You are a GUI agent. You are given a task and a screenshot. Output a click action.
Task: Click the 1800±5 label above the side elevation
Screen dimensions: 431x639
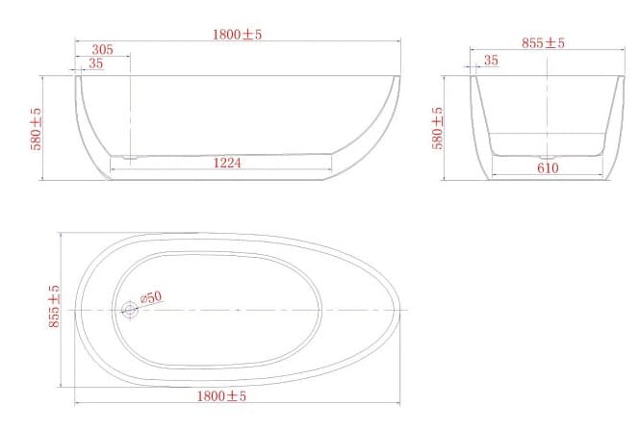coord(238,34)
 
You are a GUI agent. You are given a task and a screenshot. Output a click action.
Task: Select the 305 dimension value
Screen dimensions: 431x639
coord(102,49)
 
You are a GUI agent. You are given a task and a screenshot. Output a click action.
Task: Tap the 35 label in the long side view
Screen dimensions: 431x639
coord(95,63)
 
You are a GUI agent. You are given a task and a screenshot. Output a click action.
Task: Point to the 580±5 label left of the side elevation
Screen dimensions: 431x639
coord(37,128)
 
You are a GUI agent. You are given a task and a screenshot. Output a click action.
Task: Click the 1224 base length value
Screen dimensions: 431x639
coord(227,163)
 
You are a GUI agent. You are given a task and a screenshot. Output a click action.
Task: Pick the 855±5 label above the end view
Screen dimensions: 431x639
coord(543,42)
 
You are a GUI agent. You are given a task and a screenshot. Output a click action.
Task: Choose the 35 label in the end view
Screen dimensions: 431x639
coord(491,60)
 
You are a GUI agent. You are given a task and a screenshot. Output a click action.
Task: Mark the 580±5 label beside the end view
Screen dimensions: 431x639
coord(438,128)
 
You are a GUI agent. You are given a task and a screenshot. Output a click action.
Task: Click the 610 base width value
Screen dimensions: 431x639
coord(548,167)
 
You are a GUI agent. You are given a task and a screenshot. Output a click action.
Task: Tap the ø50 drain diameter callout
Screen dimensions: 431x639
coord(151,298)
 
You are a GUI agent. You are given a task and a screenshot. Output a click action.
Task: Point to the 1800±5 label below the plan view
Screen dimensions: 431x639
coord(223,394)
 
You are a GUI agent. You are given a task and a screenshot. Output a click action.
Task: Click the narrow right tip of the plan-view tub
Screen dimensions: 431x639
coord(399,309)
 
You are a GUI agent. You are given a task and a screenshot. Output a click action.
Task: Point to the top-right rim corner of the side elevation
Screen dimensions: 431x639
coord(400,76)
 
